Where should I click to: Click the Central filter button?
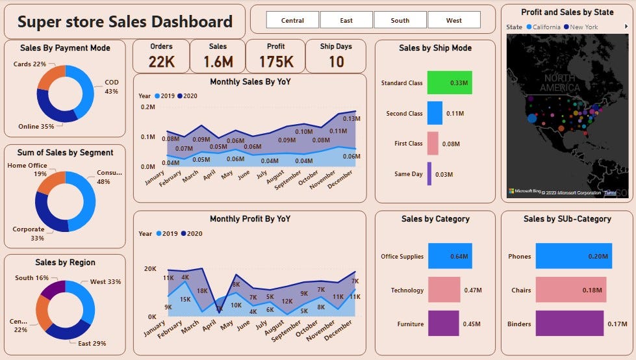(292, 20)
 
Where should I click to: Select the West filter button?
(453, 20)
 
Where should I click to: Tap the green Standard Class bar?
(449, 83)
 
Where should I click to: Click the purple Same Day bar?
(429, 174)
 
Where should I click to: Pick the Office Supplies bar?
(450, 256)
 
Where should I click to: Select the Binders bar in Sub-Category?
(568, 324)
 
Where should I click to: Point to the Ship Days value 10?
(336, 62)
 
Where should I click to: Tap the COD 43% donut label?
(112, 87)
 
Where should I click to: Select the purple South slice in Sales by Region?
(53, 289)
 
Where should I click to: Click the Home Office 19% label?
(27, 170)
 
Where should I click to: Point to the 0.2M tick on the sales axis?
(147, 107)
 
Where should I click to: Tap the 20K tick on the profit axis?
(149, 268)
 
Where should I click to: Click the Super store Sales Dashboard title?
(125, 22)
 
